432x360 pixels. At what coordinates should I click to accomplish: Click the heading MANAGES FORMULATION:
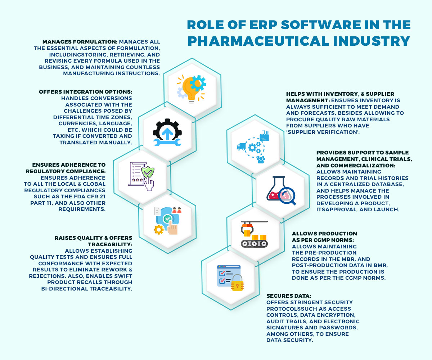[x=80, y=42]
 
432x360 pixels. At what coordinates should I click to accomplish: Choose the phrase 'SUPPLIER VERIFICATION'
[x=313, y=131]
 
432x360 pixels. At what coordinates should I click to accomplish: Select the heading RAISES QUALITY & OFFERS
[x=94, y=238]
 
